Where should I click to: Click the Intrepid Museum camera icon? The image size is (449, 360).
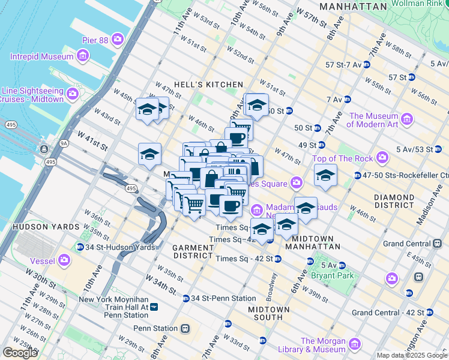[x=82, y=57]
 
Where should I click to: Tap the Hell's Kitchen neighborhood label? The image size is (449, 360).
[x=208, y=85]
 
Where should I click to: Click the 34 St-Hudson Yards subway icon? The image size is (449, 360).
[x=80, y=247]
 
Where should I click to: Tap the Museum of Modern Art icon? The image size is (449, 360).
[x=408, y=120]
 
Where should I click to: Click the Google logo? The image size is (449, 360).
[x=20, y=353]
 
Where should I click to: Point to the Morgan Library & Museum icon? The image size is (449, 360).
[x=355, y=344]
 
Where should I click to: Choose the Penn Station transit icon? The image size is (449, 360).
[x=186, y=328]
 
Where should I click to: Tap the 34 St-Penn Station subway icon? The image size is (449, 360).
[x=186, y=298]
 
